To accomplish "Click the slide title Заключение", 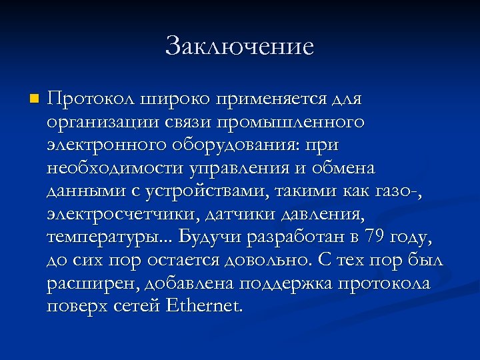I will point(239,46).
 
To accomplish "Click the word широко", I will point(171,99).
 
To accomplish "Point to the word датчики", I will point(243,215).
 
